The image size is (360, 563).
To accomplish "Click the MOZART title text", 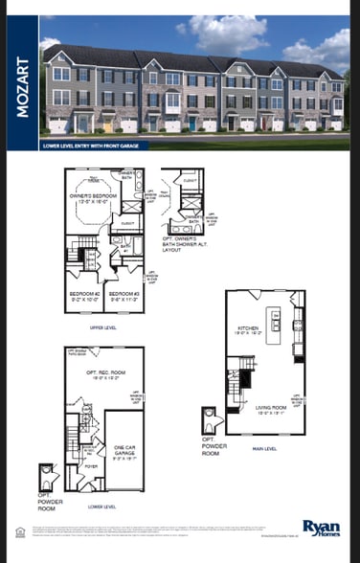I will click(x=22, y=90).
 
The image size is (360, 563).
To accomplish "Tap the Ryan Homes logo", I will click(x=321, y=528).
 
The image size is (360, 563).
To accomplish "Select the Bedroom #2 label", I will click(x=83, y=296).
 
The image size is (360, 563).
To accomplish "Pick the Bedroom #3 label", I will click(x=123, y=296).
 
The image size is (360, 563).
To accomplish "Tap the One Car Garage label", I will click(x=124, y=451).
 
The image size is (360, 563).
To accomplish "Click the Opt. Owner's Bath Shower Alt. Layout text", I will click(x=191, y=244).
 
